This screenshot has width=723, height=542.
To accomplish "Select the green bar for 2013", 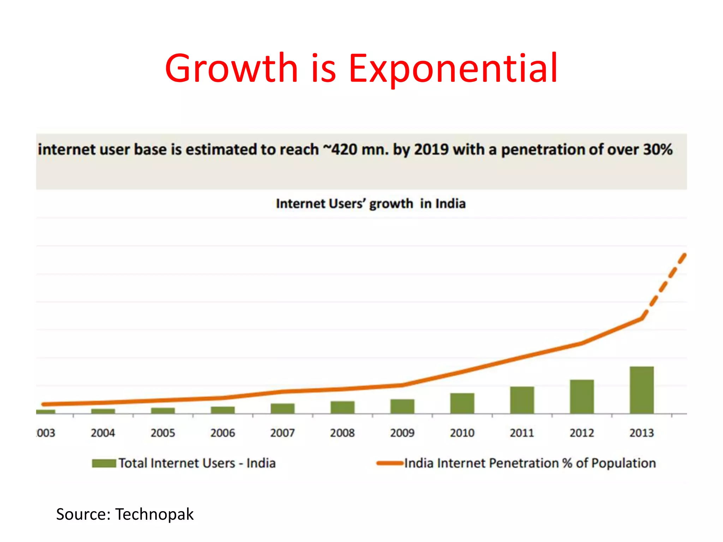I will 641,390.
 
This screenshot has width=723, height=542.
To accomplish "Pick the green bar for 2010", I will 462,403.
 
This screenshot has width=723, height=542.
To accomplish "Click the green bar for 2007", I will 282,408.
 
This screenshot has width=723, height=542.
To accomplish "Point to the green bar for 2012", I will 582,396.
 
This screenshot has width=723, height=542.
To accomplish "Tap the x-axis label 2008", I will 342,433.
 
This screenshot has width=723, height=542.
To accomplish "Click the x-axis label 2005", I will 163,433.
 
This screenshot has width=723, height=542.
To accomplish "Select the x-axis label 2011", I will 522,433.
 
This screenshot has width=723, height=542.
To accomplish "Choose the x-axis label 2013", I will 641,433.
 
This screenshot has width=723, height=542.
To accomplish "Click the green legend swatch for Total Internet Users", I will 104,463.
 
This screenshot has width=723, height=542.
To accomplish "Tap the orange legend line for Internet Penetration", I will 390,463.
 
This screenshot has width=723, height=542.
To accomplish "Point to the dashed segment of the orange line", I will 664,286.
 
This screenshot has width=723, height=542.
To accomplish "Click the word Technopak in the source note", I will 154,514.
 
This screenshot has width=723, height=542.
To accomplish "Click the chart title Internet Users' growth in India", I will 371,204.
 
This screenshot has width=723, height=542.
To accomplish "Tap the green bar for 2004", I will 103,411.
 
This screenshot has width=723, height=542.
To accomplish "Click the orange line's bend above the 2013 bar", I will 641,318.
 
